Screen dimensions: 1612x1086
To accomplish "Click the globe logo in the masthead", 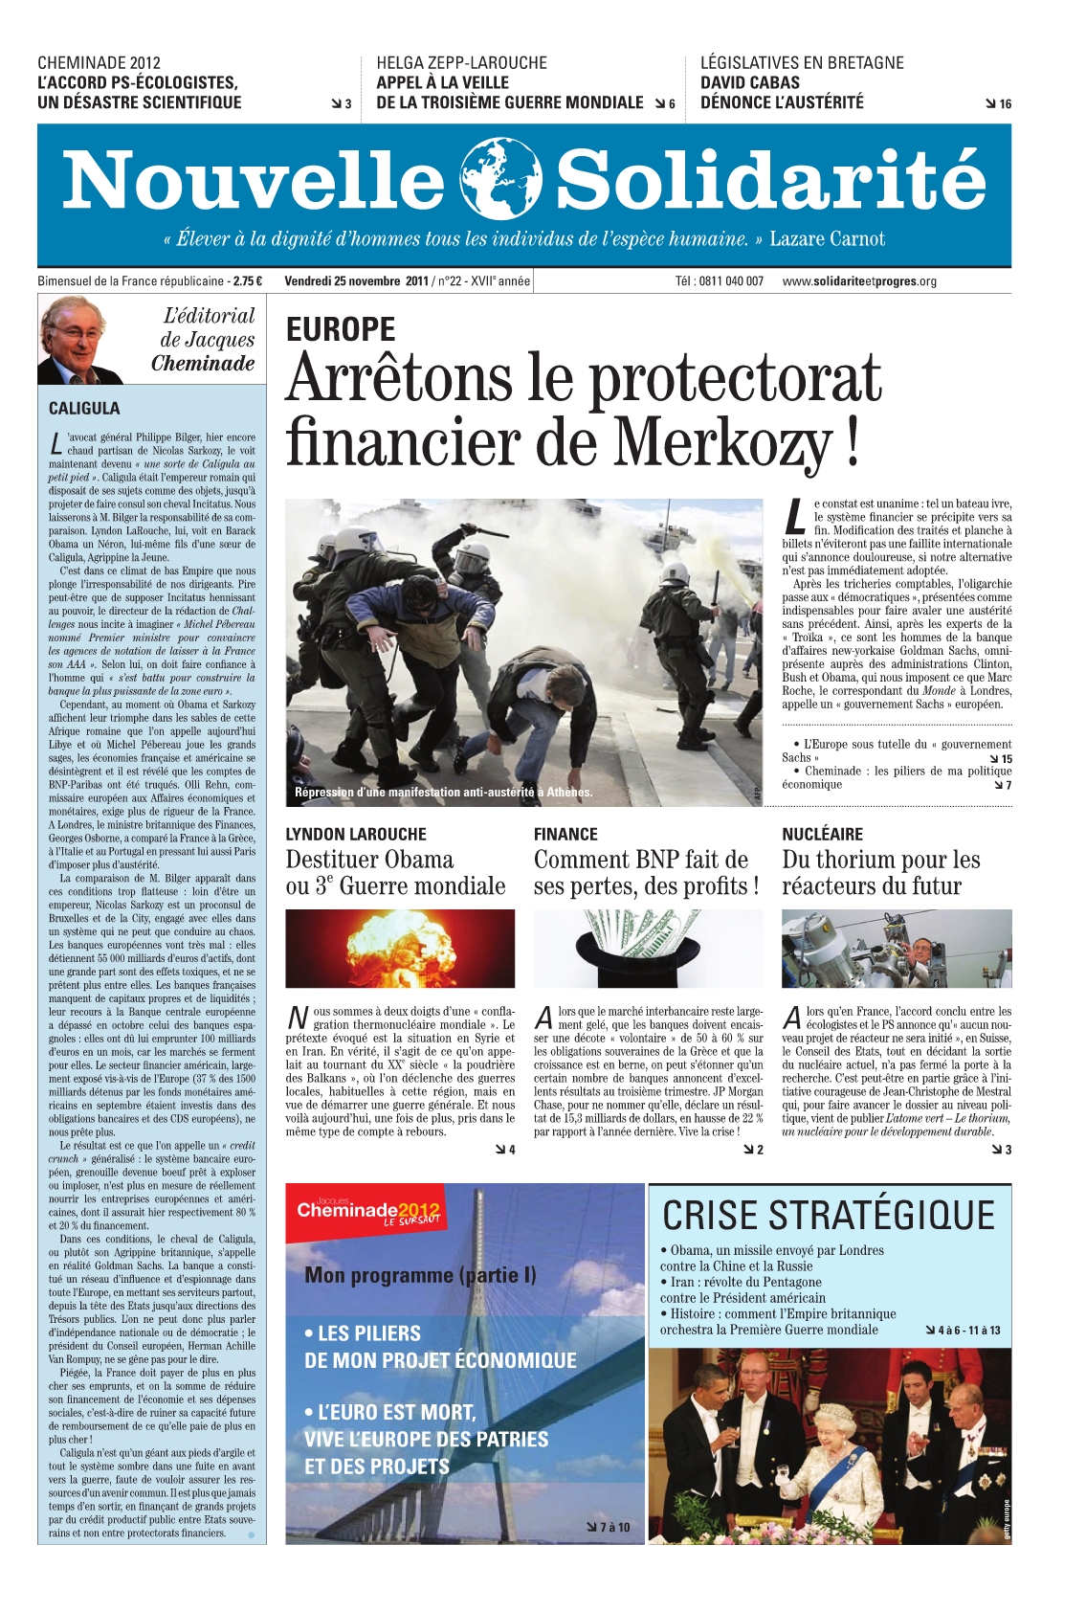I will (x=500, y=179).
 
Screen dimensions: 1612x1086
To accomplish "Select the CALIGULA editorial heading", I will (x=84, y=408).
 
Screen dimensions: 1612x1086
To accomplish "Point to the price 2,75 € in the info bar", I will (x=247, y=281).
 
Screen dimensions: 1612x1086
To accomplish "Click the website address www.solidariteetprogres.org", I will (x=858, y=281).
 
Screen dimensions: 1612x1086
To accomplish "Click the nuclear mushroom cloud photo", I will (x=400, y=948).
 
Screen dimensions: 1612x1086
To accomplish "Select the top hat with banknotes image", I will (x=648, y=948).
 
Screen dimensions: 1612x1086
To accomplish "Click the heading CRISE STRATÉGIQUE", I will (x=829, y=1216).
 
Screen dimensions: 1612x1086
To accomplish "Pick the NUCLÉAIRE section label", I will (x=822, y=834).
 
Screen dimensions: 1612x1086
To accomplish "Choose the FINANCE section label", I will (x=565, y=834).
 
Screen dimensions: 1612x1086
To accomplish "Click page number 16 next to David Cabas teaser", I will (x=1004, y=104).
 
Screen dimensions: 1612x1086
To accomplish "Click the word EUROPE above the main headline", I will (x=341, y=329).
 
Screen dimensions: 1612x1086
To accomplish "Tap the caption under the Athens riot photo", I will (x=443, y=792).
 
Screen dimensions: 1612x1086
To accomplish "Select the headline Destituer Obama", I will (x=369, y=860).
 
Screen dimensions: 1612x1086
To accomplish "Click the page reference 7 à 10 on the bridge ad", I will (x=612, y=1527).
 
